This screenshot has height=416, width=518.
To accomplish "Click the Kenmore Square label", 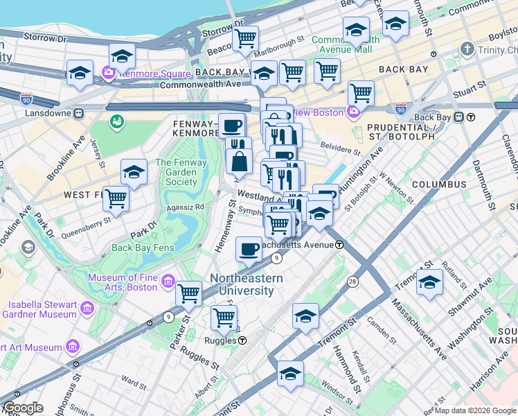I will coord(146,73).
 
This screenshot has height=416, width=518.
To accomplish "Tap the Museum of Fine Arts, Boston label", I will coord(122,282).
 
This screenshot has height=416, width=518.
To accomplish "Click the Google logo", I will coord(23,408).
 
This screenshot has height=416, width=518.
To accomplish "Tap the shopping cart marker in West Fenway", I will coord(116,198).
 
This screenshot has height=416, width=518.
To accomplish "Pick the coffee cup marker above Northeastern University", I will coord(249,248).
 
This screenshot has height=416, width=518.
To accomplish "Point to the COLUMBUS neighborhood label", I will coord(439,184).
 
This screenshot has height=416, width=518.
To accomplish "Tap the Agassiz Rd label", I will coord(186,207).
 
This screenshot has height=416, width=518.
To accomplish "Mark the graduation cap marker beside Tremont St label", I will coord(429,282).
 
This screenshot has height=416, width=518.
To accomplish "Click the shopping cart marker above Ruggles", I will coord(224,318).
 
